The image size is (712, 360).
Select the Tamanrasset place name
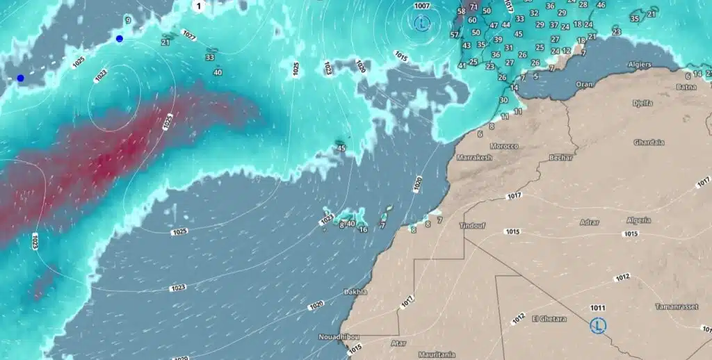tap(677, 306)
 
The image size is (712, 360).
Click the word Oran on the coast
tap(584, 84)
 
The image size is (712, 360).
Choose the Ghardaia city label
tap(649, 142)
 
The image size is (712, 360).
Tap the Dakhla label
tap(355, 292)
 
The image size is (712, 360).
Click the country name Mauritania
tap(437, 354)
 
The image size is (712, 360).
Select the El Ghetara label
tap(549, 319)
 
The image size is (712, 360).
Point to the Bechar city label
tap(560, 158)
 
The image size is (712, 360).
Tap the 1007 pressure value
tap(421, 6)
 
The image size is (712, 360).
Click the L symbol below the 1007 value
tap(421, 24)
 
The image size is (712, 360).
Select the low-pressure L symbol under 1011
tap(597, 325)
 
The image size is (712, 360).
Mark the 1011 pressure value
tap(597, 307)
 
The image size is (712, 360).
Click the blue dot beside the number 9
tap(120, 38)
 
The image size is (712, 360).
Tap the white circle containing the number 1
tap(199, 6)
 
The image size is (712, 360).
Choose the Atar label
tap(399, 343)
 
